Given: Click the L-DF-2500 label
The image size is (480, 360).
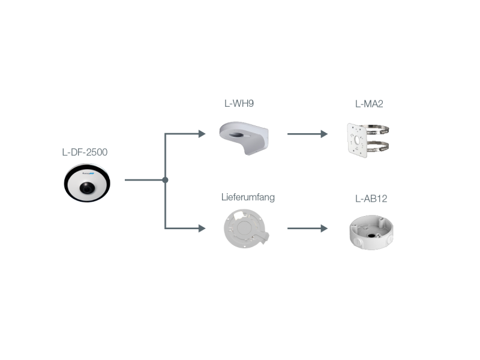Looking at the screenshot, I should coord(85,152).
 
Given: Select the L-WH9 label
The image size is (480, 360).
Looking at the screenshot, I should coord(239,103).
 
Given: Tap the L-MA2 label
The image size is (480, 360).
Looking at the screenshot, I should coord(369,104).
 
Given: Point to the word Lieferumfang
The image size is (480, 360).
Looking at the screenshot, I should coord(248,197).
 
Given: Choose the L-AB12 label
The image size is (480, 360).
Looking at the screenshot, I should coord(371,198).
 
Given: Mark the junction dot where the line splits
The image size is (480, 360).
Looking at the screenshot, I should coord(165,179).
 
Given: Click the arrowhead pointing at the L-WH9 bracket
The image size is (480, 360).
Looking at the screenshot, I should coord(202,134).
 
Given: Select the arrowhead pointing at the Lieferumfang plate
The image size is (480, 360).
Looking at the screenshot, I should coord(202,228).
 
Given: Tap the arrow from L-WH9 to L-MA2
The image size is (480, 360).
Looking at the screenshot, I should coord(307,134).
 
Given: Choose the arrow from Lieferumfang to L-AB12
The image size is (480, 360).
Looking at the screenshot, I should coord(307,229).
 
